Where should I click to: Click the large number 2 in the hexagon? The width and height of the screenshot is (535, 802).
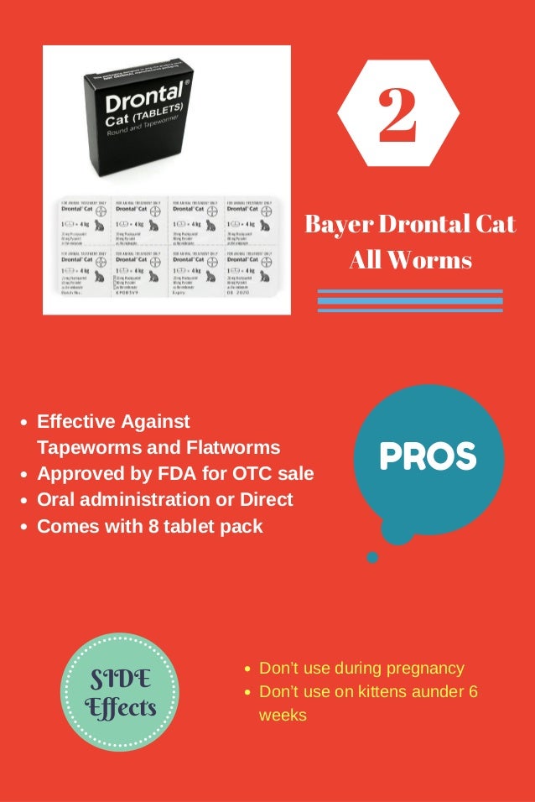tap(397, 117)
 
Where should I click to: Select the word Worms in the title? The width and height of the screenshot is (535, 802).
tap(434, 259)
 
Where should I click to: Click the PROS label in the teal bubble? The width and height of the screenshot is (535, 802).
tap(428, 456)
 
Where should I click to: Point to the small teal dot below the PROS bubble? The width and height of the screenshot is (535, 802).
tap(372, 557)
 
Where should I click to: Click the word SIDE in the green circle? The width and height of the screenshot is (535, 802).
tap(121, 679)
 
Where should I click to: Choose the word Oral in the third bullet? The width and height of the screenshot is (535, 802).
tap(56, 499)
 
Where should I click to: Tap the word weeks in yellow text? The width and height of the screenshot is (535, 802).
tap(283, 716)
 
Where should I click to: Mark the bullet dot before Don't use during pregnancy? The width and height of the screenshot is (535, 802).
tap(247, 670)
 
